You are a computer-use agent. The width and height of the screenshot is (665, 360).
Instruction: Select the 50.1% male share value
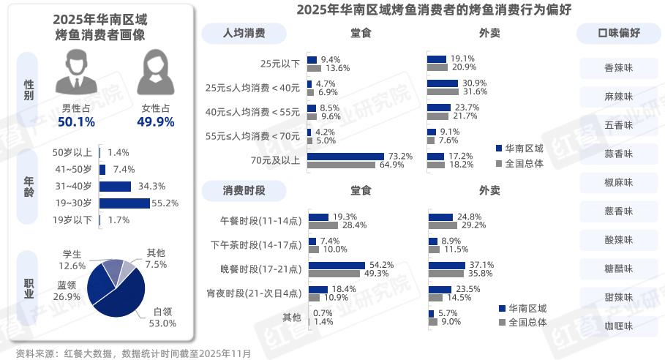77,121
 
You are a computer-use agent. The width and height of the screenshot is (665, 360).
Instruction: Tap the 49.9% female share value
155,121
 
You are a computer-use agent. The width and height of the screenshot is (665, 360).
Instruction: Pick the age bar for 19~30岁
124,203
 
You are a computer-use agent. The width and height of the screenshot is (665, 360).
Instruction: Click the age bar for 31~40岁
115,186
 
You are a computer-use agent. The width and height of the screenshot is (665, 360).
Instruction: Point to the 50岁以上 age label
72,152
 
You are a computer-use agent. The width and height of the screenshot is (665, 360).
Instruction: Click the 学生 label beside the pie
72,254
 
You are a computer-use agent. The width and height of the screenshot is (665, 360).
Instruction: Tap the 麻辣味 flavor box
618,97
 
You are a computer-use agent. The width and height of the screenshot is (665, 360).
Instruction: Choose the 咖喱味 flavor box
618,326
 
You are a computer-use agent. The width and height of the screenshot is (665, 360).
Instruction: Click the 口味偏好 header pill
619,33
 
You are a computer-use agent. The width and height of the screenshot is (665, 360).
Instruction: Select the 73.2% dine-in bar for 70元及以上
345,156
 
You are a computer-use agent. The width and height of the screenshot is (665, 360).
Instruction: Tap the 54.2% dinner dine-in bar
337,265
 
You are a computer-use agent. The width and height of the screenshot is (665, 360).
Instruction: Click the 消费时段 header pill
244,190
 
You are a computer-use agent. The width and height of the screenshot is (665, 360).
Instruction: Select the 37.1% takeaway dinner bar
447,265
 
